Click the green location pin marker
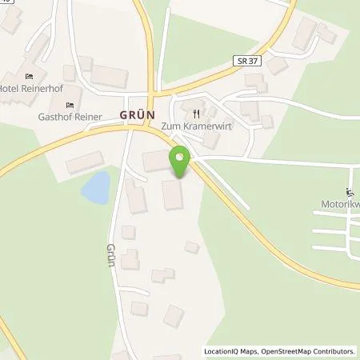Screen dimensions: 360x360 tap(181, 162)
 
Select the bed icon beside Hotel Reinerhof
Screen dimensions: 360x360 tap(30, 76)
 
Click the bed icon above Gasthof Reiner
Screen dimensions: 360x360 tap(69, 104)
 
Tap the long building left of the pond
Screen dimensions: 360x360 tap(84, 164)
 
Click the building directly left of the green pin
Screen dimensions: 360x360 tap(155, 160)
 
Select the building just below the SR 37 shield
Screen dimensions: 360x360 tap(255, 80)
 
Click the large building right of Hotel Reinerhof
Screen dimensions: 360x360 tap(109, 76)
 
